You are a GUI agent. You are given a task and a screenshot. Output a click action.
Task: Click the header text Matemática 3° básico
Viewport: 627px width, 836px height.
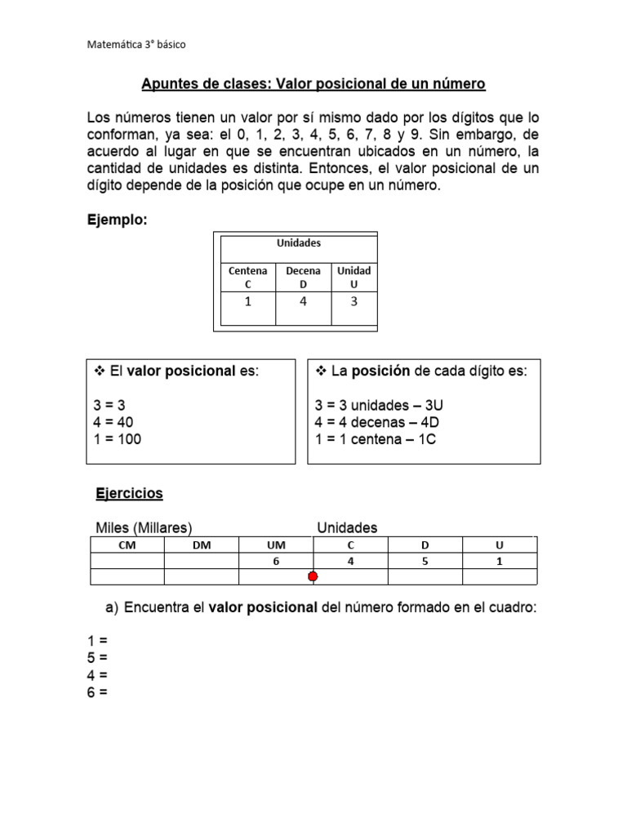(x=136, y=44)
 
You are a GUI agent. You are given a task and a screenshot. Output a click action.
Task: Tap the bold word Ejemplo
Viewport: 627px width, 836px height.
(x=117, y=220)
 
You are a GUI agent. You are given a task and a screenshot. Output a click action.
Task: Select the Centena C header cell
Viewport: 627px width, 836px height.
(x=247, y=278)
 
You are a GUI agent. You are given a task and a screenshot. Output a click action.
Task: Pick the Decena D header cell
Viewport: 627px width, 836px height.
(x=303, y=278)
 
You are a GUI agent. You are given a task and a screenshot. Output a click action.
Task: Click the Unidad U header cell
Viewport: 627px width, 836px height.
(x=354, y=278)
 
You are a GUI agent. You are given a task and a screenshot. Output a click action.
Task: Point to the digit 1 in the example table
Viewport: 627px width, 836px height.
(x=247, y=302)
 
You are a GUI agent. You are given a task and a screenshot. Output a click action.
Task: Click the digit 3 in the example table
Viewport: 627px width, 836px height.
(x=354, y=302)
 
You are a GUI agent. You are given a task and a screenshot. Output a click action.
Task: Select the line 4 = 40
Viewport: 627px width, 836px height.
(x=113, y=422)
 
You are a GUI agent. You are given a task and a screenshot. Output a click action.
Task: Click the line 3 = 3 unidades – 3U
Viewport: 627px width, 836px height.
(x=378, y=405)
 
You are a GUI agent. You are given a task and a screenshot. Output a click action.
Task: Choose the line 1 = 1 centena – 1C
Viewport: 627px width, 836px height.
(x=376, y=439)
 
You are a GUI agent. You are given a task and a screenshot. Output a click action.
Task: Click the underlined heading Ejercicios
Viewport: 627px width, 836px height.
(x=130, y=493)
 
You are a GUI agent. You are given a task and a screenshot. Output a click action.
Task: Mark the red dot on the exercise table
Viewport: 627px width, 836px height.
(x=313, y=577)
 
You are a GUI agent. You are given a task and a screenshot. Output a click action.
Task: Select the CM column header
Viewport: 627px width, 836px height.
(x=127, y=545)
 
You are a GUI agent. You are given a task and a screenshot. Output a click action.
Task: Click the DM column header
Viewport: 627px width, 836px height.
(x=201, y=545)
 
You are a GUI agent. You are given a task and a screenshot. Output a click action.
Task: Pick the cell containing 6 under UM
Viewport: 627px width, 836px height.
(x=276, y=561)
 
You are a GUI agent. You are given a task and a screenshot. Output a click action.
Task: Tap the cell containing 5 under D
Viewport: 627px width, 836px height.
(x=425, y=561)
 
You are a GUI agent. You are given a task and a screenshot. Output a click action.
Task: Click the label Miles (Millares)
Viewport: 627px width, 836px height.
(x=144, y=527)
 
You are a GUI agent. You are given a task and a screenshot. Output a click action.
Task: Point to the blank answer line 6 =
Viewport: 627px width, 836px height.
(x=98, y=692)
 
